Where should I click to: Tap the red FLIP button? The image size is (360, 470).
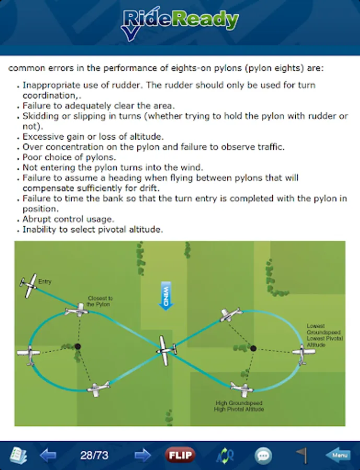pyautogui.click(x=179, y=455)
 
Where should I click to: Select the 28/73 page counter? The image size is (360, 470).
pyautogui.click(x=94, y=455)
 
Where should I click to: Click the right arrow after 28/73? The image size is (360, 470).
pyautogui.click(x=142, y=455)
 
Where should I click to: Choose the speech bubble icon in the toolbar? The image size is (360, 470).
pyautogui.click(x=263, y=455)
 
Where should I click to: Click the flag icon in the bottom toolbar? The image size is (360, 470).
pyautogui.click(x=301, y=455)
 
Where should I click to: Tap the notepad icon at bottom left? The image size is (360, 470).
pyautogui.click(x=18, y=455)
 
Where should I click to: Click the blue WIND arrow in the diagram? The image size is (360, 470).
pyautogui.click(x=166, y=296)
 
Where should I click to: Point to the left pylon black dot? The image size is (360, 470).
pyautogui.click(x=78, y=346)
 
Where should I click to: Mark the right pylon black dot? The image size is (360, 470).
pyautogui.click(x=253, y=348)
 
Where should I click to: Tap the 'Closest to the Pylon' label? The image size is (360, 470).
pyautogui.click(x=99, y=301)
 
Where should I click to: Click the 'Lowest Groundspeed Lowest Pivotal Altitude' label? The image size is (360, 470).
pyautogui.click(x=324, y=335)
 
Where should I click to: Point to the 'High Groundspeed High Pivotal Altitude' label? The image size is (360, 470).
pyautogui.click(x=239, y=406)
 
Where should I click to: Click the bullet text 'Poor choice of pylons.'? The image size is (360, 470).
pyautogui.click(x=69, y=157)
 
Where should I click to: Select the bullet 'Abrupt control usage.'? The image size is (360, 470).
pyautogui.click(x=68, y=219)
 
